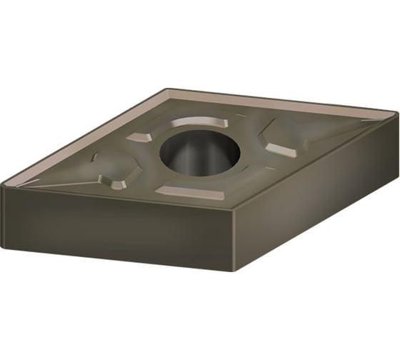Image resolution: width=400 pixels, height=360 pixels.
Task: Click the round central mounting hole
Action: tap(199, 153)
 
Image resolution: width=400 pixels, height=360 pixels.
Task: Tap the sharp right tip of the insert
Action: tap(395, 113)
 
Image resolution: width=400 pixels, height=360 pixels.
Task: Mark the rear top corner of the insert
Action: tap(169, 89)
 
